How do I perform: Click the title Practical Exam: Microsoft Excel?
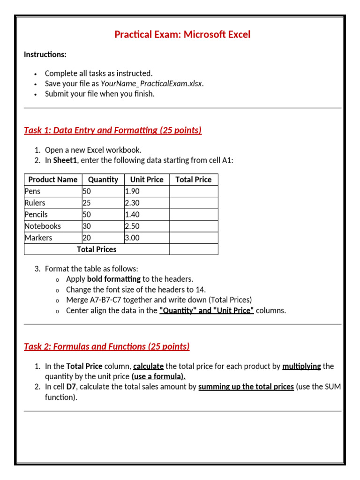(182, 34)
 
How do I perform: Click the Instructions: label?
(45, 54)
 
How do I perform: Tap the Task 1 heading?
(112, 130)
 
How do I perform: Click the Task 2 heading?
(106, 346)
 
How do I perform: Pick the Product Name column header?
(53, 180)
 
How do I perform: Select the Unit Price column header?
(147, 180)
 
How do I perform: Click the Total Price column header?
(193, 180)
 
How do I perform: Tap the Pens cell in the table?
(32, 191)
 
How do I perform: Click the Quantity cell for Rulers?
(87, 203)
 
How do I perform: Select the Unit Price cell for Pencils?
(132, 215)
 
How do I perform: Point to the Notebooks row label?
(43, 226)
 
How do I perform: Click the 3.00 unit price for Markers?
(132, 238)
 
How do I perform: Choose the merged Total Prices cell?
(97, 249)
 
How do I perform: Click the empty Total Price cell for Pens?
(193, 191)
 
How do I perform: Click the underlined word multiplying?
(301, 366)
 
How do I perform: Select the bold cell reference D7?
(71, 387)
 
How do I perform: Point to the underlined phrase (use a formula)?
(158, 376)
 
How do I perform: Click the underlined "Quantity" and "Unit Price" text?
(206, 310)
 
